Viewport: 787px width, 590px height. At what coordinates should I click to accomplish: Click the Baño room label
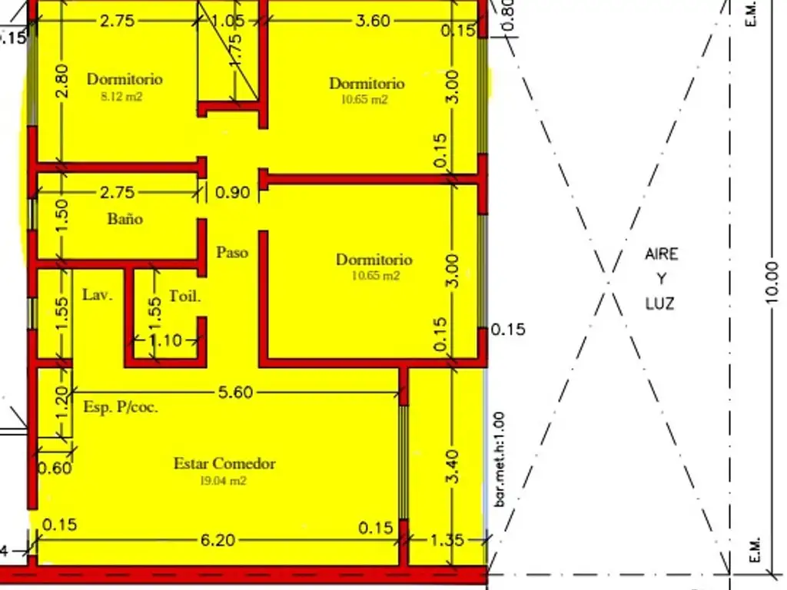point(125,219)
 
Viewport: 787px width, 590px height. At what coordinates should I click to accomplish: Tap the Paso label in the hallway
point(231,252)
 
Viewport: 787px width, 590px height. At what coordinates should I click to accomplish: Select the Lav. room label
point(98,294)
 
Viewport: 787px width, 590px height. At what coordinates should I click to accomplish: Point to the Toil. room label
point(185,296)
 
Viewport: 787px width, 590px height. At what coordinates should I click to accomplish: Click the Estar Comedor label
point(224,463)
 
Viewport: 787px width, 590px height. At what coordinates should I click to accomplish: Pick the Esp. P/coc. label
point(121,407)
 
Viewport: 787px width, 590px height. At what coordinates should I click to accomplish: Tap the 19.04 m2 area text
point(222,482)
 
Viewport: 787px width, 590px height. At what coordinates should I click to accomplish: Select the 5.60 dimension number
point(235,393)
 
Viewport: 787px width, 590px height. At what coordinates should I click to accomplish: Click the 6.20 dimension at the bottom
point(218,541)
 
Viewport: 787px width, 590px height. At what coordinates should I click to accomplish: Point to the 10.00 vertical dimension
point(772,283)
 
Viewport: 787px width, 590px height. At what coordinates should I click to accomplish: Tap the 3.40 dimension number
point(453,466)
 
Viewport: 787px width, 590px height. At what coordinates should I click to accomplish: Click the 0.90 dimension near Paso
point(232,193)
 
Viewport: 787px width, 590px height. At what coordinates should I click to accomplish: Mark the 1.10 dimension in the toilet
point(165,340)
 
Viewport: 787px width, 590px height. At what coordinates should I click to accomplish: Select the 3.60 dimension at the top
point(373,21)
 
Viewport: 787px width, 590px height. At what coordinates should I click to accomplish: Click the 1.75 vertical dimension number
point(236,50)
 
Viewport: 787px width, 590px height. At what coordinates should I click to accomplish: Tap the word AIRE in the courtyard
point(661,254)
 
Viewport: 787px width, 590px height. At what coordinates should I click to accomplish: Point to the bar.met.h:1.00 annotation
point(500,459)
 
